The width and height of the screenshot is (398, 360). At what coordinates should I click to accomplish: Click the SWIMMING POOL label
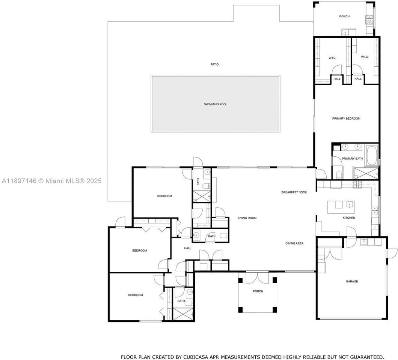click(216, 104)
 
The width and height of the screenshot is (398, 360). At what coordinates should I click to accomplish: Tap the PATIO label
click(214, 64)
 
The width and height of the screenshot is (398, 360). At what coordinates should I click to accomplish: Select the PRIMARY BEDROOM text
click(346, 118)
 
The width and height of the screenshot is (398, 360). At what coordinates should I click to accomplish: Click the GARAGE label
click(352, 282)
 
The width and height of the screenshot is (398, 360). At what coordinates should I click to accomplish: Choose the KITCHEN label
click(349, 218)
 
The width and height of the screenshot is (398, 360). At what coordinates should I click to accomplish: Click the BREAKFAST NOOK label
click(294, 192)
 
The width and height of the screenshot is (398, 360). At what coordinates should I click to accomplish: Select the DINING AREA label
click(294, 243)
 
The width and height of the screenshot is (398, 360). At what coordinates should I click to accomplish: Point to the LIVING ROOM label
click(247, 218)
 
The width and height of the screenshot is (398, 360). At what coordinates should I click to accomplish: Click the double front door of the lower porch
click(258, 278)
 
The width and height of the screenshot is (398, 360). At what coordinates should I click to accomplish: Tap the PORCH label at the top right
click(344, 16)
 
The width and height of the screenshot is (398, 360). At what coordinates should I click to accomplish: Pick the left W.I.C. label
click(332, 57)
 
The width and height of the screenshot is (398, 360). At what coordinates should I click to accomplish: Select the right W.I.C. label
click(365, 57)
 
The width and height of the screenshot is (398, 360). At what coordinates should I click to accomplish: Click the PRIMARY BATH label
click(352, 159)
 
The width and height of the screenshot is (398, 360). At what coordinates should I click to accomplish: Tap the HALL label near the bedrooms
click(188, 248)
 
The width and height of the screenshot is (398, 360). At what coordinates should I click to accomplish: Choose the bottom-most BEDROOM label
click(136, 295)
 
